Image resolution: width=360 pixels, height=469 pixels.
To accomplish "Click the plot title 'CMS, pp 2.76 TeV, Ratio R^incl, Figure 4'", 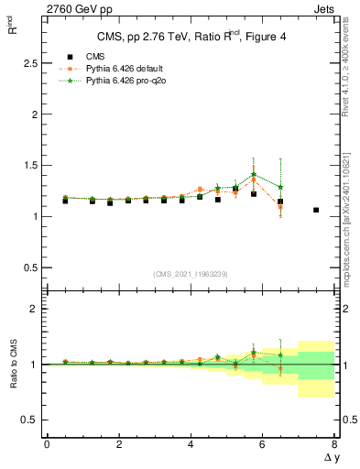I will click(x=190, y=37).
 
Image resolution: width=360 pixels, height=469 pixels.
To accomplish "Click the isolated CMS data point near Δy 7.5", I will click(x=316, y=210).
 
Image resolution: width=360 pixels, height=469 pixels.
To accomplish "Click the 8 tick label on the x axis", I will click(x=334, y=445).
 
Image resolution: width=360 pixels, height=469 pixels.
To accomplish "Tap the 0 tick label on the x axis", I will click(x=47, y=445).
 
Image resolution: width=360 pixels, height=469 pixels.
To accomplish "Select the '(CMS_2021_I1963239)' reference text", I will click(x=190, y=274).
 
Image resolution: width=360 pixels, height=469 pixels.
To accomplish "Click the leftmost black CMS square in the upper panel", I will click(x=64, y=200).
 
